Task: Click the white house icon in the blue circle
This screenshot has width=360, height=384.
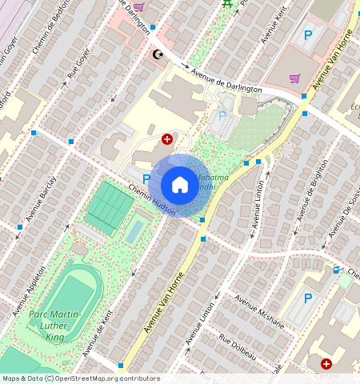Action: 180,185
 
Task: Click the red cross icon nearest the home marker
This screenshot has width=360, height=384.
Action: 166,138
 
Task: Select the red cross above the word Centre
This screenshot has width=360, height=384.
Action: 326,364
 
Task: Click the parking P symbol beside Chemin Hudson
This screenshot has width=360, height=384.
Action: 146,178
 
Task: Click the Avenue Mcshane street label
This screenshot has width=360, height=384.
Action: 259,310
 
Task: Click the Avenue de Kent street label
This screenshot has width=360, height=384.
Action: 96,330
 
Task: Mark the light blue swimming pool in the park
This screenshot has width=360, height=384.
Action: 136,231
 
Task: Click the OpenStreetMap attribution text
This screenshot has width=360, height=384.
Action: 80,378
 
